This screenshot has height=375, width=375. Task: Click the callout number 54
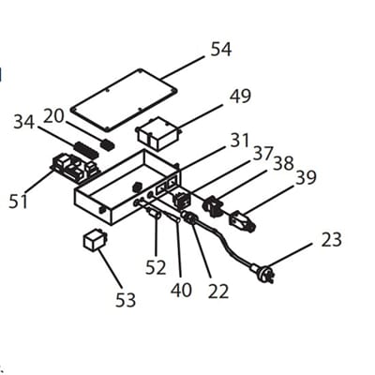(220, 49)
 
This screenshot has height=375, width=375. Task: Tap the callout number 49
(240, 97)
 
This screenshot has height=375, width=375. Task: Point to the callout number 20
(53, 115)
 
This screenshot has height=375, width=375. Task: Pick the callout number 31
(239, 141)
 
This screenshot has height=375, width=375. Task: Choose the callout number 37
(262, 153)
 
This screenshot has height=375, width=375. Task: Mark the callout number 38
(283, 163)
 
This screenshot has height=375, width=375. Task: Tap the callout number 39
(306, 177)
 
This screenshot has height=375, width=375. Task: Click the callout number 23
(331, 239)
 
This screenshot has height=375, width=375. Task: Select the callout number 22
(217, 291)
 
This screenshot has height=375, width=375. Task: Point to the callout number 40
(182, 291)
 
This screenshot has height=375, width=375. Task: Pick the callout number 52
(156, 268)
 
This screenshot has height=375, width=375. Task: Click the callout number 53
(125, 300)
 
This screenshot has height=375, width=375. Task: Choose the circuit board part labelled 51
(73, 169)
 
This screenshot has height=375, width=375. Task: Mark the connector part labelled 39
(242, 223)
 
